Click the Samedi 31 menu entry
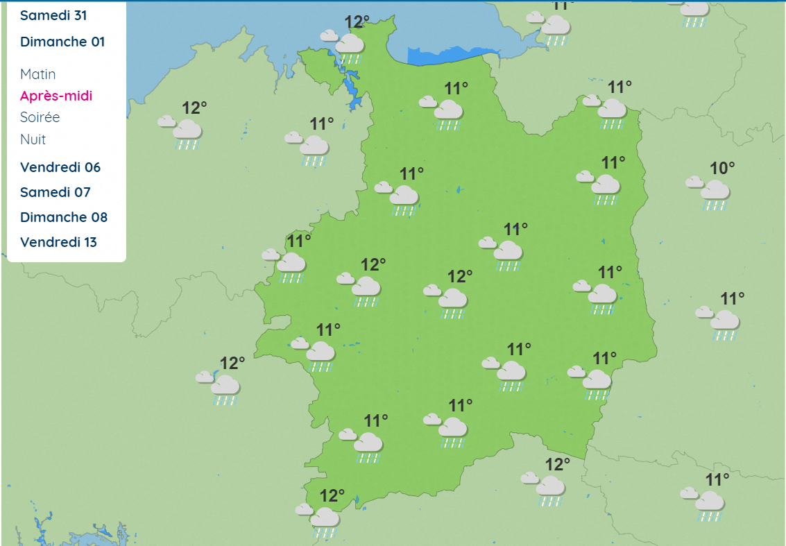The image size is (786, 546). (53, 15)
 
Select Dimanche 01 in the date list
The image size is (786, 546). (62, 42)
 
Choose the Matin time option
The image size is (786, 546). (37, 74)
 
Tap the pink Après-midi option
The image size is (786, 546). (56, 96)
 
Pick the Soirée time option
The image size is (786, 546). (40, 117)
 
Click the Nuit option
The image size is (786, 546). (33, 139)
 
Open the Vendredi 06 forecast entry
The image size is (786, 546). (60, 167)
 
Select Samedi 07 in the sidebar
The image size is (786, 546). (55, 192)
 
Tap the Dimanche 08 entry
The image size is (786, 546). (64, 217)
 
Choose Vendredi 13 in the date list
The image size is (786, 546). (58, 242)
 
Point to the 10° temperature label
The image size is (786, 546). (722, 168)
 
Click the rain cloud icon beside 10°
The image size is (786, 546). (710, 192)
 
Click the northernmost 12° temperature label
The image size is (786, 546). (357, 22)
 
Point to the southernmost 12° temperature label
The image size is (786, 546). (332, 495)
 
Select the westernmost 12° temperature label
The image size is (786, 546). (194, 108)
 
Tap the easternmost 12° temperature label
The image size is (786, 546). (557, 464)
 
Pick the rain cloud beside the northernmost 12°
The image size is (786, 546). (345, 46)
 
